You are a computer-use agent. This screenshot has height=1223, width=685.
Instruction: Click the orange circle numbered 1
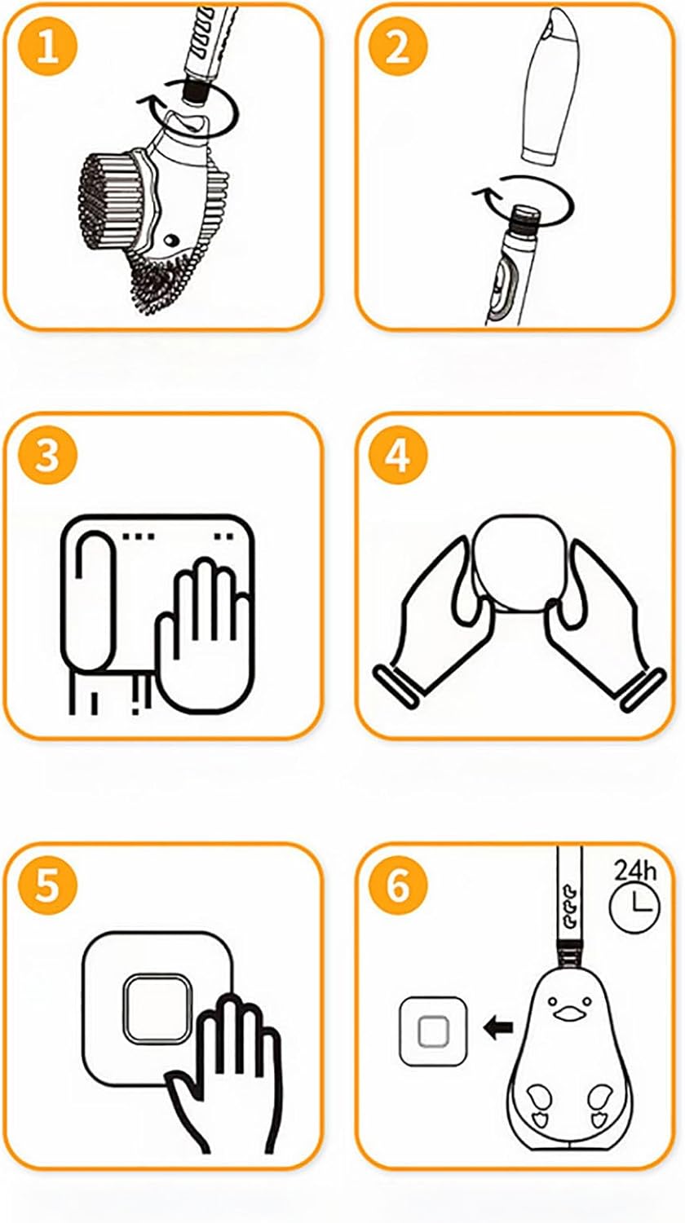(x=47, y=48)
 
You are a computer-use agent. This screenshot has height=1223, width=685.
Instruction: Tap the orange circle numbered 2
(x=398, y=48)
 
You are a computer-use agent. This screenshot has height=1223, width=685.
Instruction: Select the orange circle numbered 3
(x=47, y=455)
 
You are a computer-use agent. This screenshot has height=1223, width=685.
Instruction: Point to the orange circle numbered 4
(x=398, y=455)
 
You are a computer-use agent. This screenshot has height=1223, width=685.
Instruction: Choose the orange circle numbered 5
(x=47, y=885)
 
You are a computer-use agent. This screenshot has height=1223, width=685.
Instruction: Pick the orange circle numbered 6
(x=398, y=885)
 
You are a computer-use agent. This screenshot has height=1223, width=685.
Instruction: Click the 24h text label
(x=635, y=870)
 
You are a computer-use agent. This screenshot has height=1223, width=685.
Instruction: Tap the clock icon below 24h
(x=634, y=907)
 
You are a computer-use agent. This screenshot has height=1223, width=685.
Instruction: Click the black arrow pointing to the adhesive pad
(x=498, y=1027)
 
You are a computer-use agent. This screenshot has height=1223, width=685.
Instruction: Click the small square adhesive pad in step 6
(x=433, y=1031)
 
